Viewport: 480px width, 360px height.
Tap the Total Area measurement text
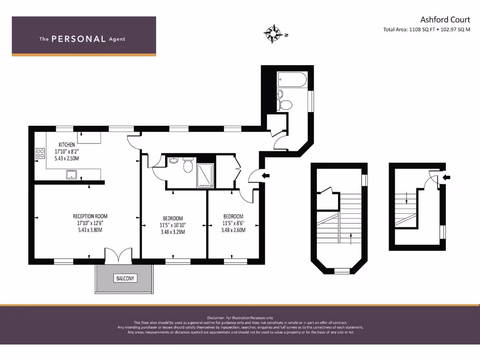427,30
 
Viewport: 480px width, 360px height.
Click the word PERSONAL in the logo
78,39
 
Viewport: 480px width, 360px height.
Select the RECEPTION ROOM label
90,216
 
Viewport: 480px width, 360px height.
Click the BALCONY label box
124,278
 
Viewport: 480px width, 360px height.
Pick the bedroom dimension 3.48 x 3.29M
172,232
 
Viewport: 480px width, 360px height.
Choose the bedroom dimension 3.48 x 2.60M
234,230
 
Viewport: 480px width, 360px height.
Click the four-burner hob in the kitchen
40,153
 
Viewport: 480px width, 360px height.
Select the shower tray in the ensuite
205,175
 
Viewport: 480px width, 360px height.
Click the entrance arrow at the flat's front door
266,176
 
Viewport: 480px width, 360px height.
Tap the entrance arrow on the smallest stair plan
446,178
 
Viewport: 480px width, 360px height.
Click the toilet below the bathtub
284,104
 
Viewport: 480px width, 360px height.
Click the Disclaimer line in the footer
240,318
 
